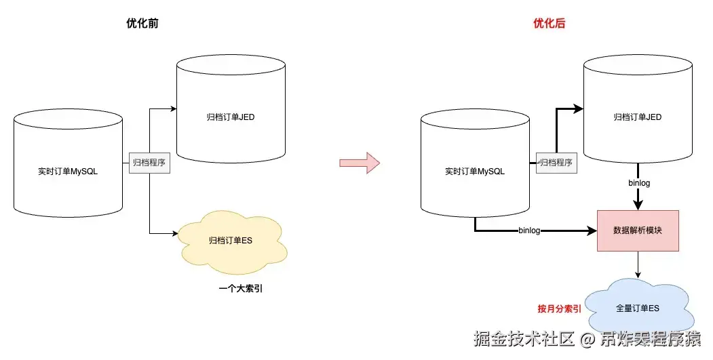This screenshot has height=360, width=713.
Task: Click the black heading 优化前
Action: (142, 24)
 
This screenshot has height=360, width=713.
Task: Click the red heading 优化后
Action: (550, 24)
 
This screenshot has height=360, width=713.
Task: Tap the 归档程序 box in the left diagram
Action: (149, 163)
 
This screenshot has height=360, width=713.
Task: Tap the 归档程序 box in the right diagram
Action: (555, 163)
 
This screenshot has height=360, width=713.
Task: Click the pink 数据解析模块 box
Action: (638, 231)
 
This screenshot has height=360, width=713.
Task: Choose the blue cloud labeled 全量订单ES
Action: (638, 308)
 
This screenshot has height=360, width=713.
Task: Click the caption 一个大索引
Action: (241, 289)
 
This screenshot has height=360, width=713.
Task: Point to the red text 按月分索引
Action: (560, 308)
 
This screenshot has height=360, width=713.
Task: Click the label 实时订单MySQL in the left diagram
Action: (68, 172)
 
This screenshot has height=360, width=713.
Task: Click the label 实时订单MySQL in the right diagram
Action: (475, 172)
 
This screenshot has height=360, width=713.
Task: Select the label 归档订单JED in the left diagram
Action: (231, 117)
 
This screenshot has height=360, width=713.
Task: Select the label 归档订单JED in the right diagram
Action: (638, 117)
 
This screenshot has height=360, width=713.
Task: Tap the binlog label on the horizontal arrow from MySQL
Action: (529, 231)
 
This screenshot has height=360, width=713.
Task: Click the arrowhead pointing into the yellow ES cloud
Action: (173, 234)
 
